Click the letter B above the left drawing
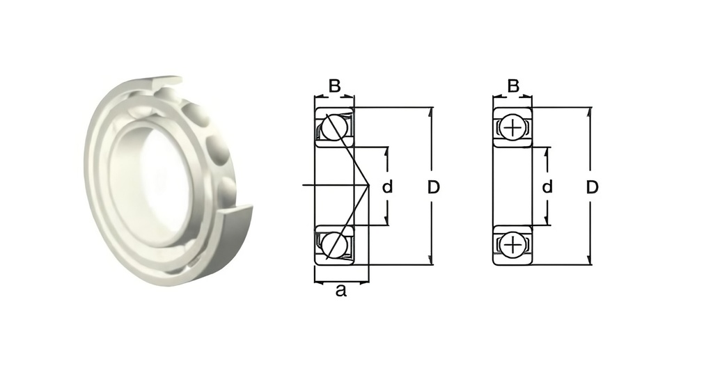[334, 86]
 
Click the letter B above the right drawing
[513, 86]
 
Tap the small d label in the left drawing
[388, 187]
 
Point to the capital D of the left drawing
[433, 187]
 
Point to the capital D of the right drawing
[592, 187]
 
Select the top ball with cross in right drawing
[512, 128]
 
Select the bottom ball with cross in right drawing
[512, 245]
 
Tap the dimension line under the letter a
[341, 282]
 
